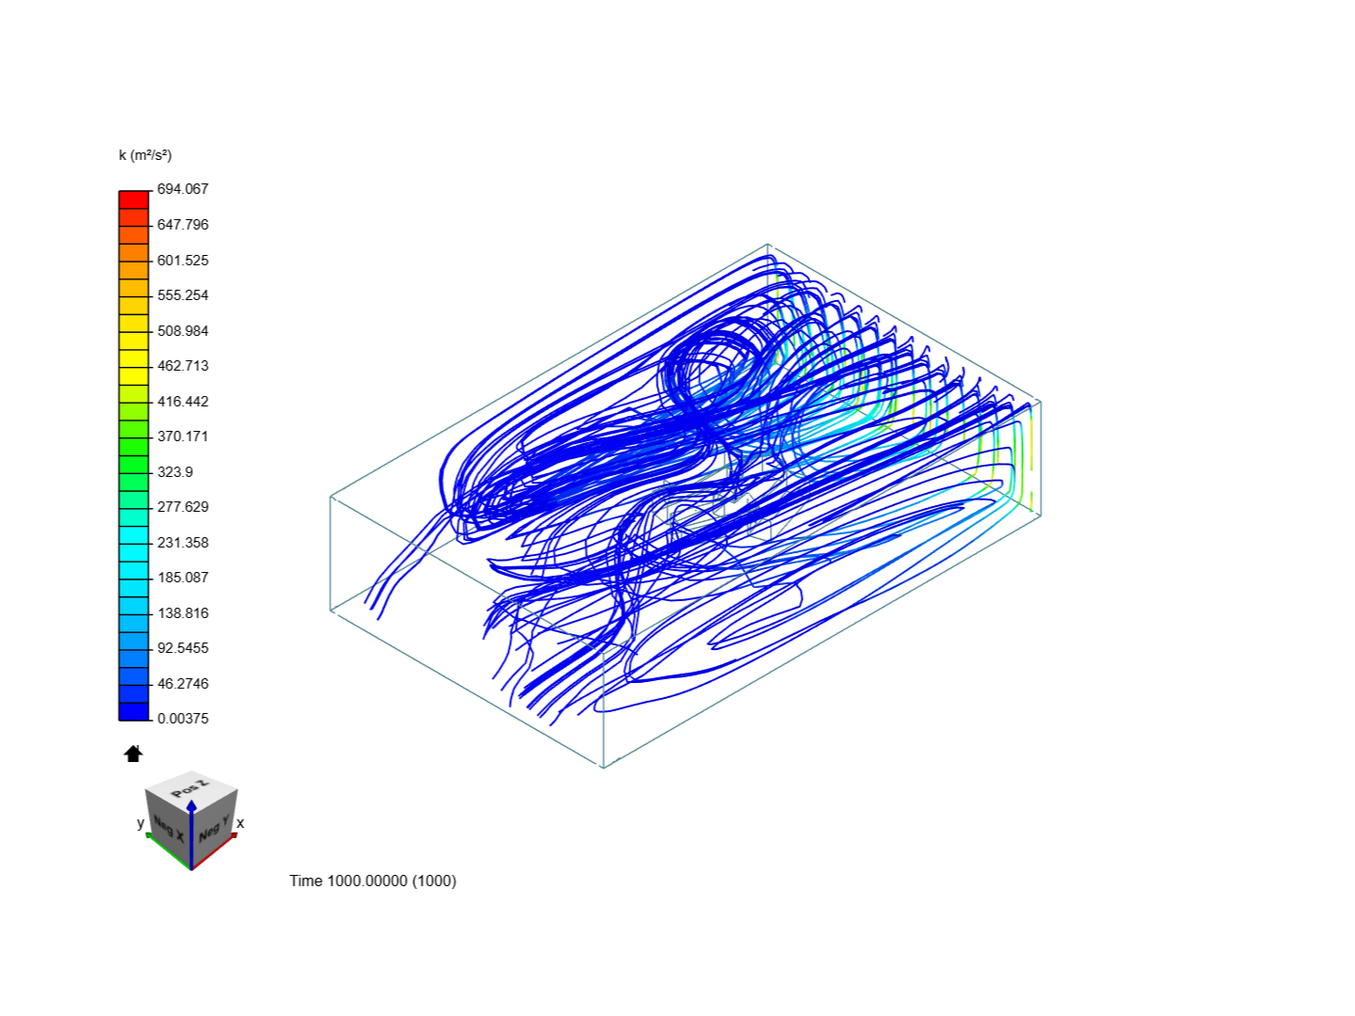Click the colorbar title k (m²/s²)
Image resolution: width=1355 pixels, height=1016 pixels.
pyautogui.click(x=145, y=155)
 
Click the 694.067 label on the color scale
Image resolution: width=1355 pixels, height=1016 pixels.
pyautogui.click(x=183, y=189)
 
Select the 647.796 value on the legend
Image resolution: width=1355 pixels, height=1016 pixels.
pyautogui.click(x=183, y=225)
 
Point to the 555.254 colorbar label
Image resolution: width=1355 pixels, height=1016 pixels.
pyautogui.click(x=183, y=295)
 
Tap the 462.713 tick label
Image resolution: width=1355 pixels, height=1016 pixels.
pyautogui.click(x=183, y=366)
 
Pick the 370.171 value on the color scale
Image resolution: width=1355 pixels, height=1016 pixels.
pyautogui.click(x=183, y=437)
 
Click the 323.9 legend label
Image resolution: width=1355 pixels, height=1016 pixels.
pyautogui.click(x=175, y=472)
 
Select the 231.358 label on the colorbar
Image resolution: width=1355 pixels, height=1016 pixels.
pyautogui.click(x=183, y=543)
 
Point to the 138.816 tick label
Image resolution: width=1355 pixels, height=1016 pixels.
pyautogui.click(x=183, y=613)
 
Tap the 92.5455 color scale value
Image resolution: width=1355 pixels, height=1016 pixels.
pyautogui.click(x=183, y=648)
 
